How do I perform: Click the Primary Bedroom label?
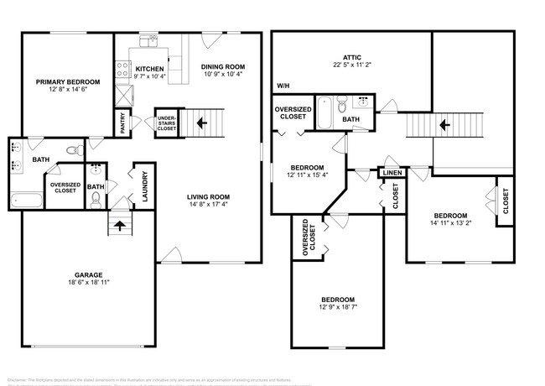click(x=68, y=81)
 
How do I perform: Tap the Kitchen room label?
click(x=149, y=68)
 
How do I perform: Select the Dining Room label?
click(x=222, y=66)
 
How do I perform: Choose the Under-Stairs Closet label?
click(x=165, y=123)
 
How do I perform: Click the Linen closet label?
click(x=392, y=173)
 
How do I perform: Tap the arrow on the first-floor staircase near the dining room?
click(x=201, y=123)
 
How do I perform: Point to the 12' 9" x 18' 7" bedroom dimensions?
click(x=337, y=309)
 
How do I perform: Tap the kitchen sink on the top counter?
click(x=151, y=39)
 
